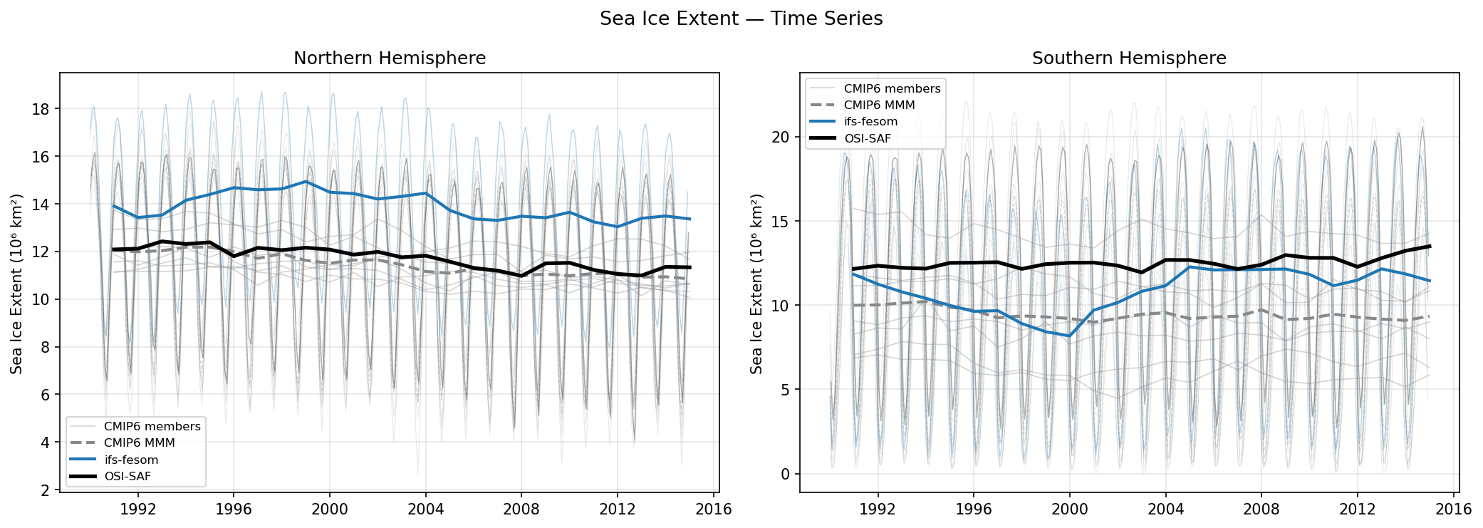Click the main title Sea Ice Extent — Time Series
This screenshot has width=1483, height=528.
(x=741, y=19)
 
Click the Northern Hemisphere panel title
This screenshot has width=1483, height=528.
(x=390, y=58)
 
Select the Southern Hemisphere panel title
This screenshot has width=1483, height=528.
(x=1129, y=58)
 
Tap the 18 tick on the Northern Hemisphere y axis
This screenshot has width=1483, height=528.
(x=41, y=109)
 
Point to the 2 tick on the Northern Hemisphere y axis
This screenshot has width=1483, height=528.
(x=45, y=490)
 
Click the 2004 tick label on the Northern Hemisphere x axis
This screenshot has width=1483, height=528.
(x=425, y=509)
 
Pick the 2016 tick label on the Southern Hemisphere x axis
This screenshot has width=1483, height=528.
(x=1453, y=509)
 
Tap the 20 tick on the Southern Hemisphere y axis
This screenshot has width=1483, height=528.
(x=781, y=137)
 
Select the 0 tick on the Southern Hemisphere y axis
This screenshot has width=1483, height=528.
(x=785, y=475)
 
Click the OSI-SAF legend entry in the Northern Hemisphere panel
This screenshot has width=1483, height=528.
(x=128, y=476)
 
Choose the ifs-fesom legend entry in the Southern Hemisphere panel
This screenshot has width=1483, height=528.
(x=870, y=122)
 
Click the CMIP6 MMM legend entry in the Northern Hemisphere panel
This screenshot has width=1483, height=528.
(x=139, y=442)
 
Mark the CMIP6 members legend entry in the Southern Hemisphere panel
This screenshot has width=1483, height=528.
(x=892, y=88)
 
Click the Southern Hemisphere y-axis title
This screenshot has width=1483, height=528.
(x=756, y=284)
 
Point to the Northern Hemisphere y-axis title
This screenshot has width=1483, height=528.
(x=16, y=284)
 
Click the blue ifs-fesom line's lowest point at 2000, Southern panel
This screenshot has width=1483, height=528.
(x=1068, y=336)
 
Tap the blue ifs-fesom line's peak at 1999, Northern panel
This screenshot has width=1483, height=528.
(x=306, y=182)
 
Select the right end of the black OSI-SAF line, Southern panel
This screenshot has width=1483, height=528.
(x=1430, y=247)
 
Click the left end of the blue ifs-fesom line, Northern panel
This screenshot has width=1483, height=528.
(x=114, y=206)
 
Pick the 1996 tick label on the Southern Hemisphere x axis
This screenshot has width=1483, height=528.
(x=973, y=509)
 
